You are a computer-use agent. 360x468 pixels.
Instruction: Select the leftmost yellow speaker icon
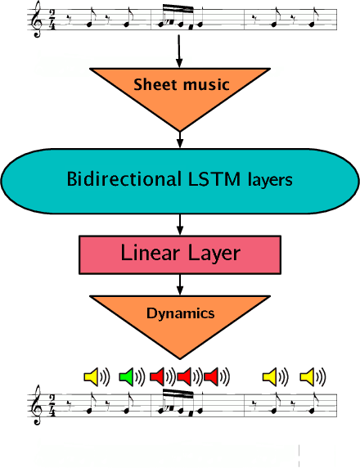pyautogui.click(x=91, y=376)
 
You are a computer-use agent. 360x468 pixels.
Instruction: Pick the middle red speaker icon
pyautogui.click(x=184, y=376)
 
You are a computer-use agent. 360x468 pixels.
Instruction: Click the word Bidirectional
pyautogui.click(x=119, y=179)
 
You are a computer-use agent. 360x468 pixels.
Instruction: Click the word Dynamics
pyautogui.click(x=180, y=313)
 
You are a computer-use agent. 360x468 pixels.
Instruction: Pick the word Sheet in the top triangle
pyautogui.click(x=155, y=84)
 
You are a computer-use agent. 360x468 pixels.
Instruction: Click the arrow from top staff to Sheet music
pyautogui.click(x=179, y=52)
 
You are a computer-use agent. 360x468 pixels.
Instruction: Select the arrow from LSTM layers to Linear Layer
pyautogui.click(x=179, y=223)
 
